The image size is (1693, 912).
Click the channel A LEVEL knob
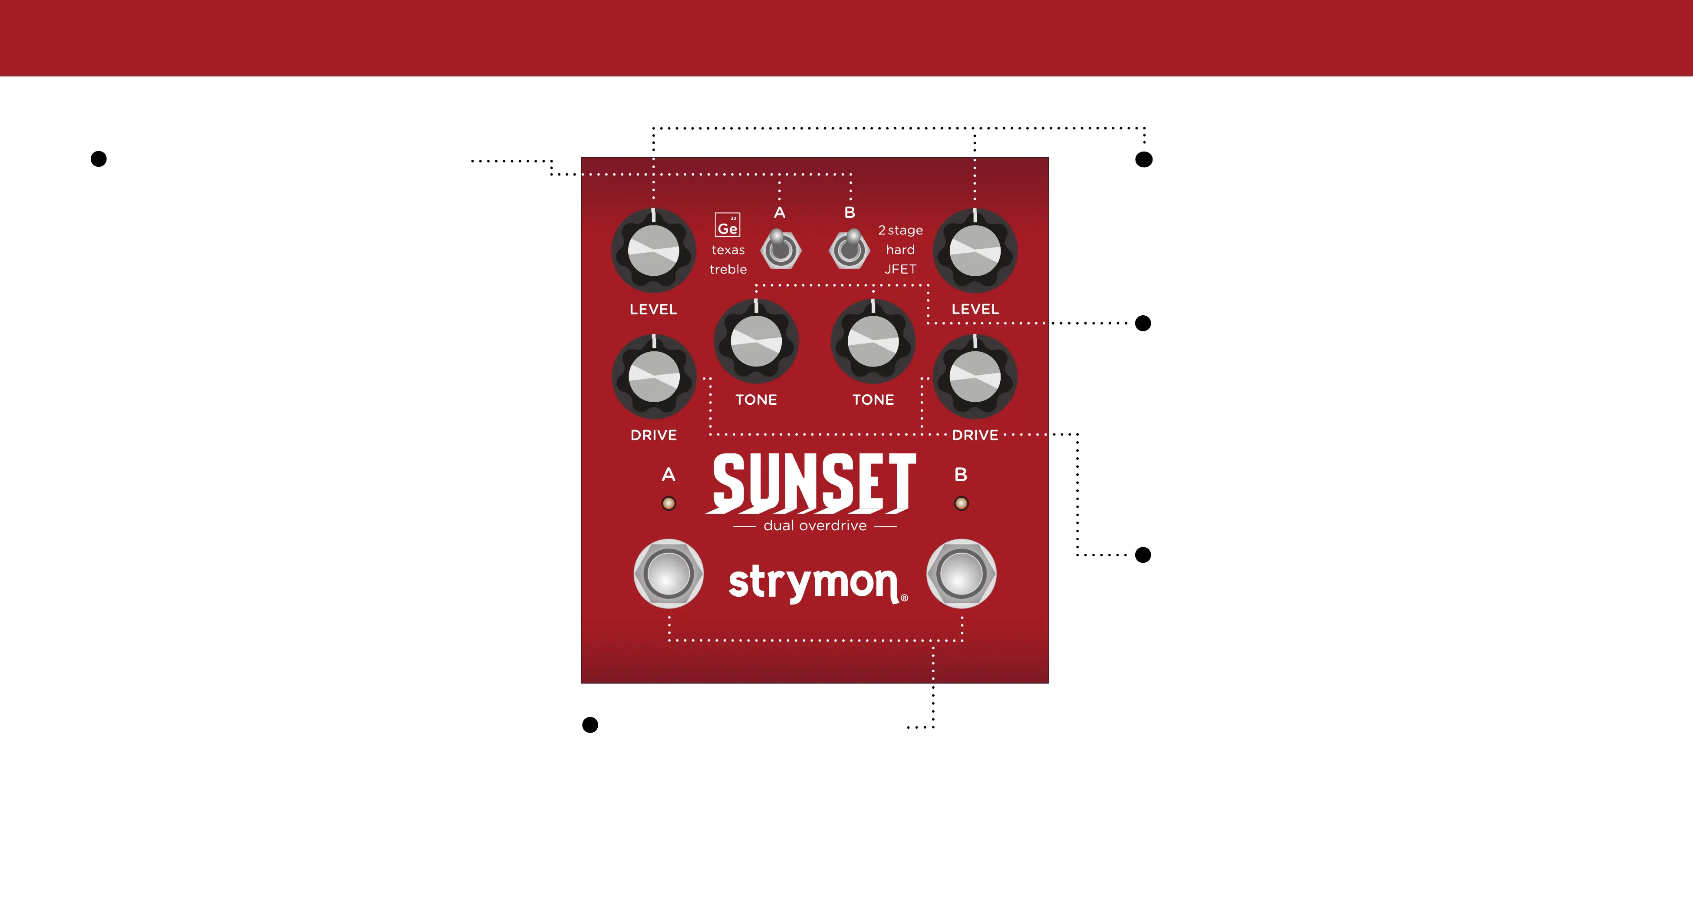[x=653, y=251]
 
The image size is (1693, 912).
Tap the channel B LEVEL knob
[x=975, y=251]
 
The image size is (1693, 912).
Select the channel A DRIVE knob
[x=653, y=377]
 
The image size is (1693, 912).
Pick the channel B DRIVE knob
[x=975, y=377]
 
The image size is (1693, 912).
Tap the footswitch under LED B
[x=961, y=573]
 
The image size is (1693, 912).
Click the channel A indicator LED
[x=669, y=504]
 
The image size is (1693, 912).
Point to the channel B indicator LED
[x=961, y=504]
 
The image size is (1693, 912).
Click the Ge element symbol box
[x=728, y=225]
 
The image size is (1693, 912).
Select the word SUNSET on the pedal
[x=814, y=483]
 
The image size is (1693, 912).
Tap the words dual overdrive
[x=815, y=526]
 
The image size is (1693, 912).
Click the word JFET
[x=900, y=269]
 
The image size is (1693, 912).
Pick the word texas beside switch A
[x=728, y=250]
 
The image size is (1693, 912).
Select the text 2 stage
[x=900, y=230]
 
